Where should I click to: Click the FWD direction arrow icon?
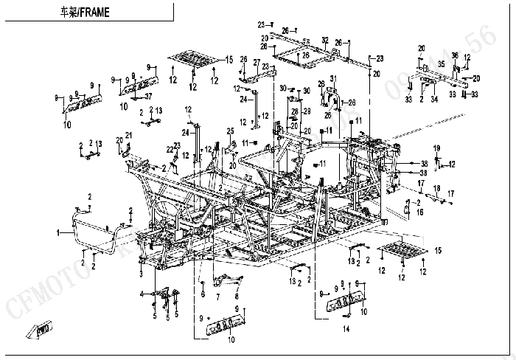click(40, 330)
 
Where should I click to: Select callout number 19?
click(436, 148)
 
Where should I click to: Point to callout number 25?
click(231, 131)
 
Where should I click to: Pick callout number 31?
click(332, 79)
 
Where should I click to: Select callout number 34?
click(435, 98)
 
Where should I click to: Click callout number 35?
click(441, 64)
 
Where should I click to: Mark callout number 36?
click(455, 55)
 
